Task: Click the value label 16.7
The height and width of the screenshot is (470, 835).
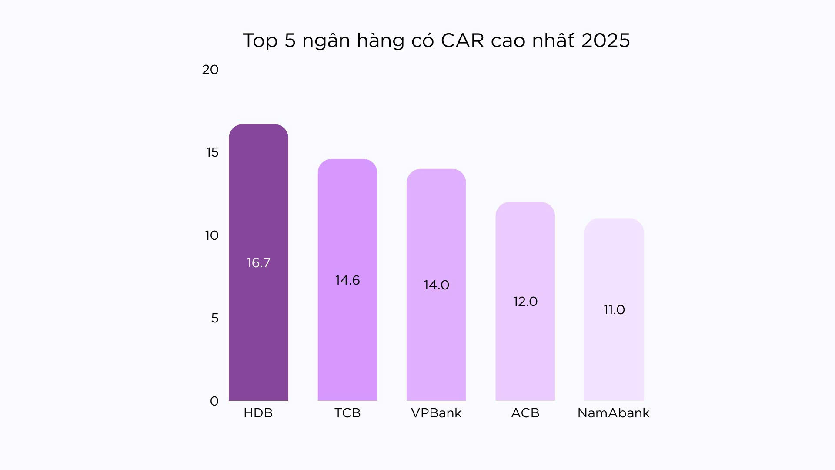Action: (258, 263)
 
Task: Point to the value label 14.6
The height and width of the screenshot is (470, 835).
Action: (347, 280)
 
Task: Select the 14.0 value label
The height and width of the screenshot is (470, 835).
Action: (436, 285)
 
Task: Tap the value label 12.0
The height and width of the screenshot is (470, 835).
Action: (525, 302)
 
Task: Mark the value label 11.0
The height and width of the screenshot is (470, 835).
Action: (614, 310)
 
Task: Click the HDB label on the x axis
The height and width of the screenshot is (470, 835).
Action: (258, 413)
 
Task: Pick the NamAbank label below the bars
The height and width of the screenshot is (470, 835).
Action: (613, 413)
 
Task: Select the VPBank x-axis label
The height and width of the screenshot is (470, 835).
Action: (436, 413)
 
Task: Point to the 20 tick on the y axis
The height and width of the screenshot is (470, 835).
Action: (210, 70)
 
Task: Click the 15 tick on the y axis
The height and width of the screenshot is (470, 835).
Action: (212, 152)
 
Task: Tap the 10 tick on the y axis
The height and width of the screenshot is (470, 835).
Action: (211, 235)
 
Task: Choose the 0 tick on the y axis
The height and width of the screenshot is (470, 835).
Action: (214, 401)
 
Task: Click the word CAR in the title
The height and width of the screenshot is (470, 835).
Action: (462, 40)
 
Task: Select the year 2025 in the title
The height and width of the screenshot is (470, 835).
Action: (605, 40)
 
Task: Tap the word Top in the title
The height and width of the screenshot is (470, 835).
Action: (260, 40)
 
